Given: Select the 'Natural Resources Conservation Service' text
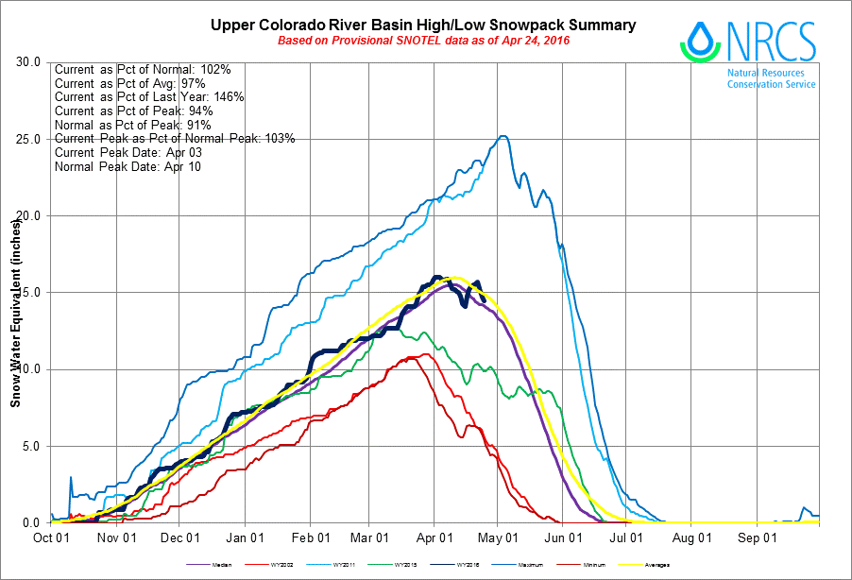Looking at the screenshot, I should pos(771,78).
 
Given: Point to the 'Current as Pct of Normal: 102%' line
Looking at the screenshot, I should pos(149,69).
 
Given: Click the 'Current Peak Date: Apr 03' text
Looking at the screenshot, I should pos(128,152).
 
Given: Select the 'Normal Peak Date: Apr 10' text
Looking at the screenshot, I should pos(128,166).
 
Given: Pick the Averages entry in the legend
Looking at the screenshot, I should pos(658,565).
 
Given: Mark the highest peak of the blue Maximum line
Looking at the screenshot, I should pos(503,136).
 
